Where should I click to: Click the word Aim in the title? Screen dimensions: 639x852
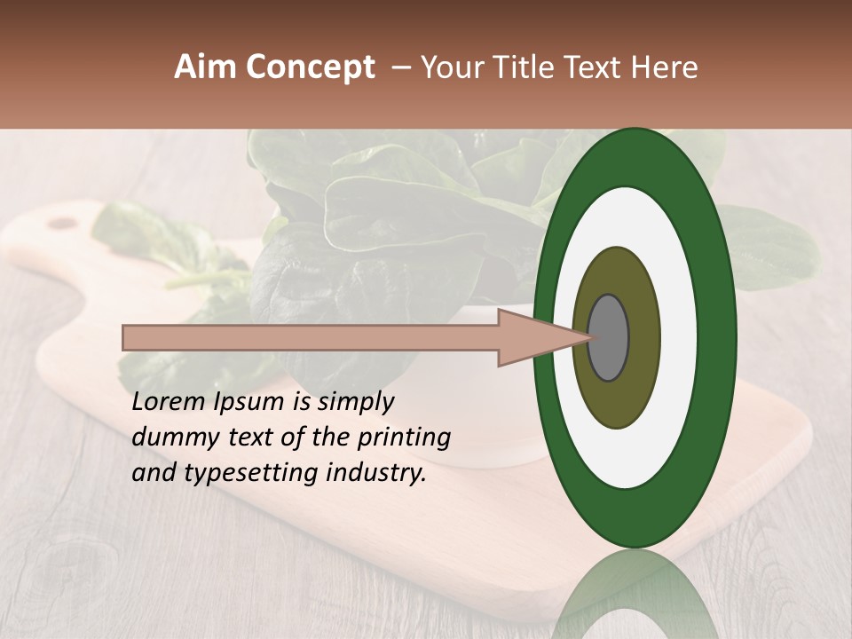(x=206, y=67)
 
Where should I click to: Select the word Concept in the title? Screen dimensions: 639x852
(x=311, y=68)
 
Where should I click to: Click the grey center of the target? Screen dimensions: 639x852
(x=609, y=338)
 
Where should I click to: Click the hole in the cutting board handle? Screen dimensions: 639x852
(x=62, y=223)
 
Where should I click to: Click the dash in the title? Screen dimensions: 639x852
(x=399, y=68)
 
